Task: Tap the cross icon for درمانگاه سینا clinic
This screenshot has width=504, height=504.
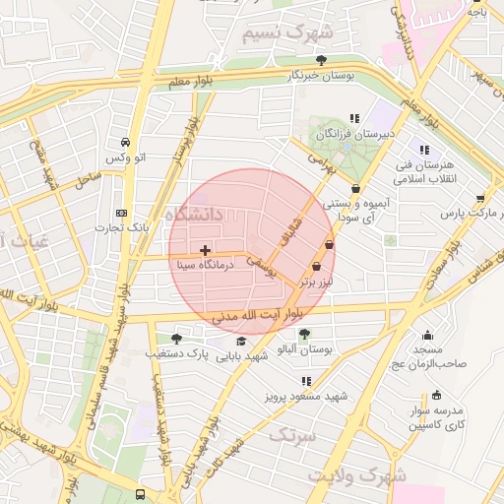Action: click(x=204, y=251)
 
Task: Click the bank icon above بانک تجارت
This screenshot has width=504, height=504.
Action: click(x=121, y=213)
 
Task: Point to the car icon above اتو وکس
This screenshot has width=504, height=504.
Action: click(x=125, y=144)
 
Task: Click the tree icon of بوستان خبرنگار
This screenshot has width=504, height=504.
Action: click(x=321, y=60)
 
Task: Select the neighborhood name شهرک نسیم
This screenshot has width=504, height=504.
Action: click(x=289, y=33)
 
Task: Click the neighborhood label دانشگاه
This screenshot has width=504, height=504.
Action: click(x=195, y=214)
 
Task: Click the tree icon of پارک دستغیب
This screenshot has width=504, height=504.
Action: click(x=177, y=338)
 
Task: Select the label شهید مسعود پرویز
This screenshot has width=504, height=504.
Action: click(x=306, y=396)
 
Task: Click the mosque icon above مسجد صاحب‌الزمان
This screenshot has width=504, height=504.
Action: click(x=427, y=335)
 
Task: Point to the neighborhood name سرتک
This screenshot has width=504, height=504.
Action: click(x=292, y=433)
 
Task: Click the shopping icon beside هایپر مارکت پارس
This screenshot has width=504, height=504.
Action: click(x=480, y=197)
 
